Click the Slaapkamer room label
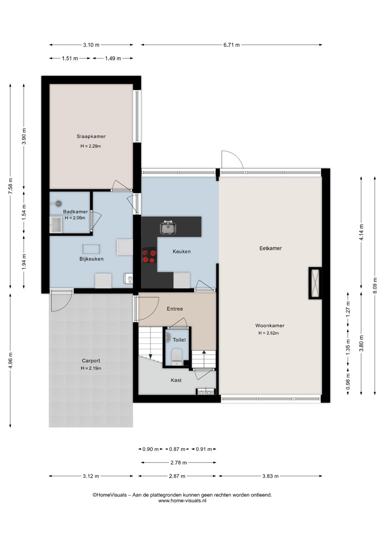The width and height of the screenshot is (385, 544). [x=91, y=137]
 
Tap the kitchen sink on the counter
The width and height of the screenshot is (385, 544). [x=168, y=228]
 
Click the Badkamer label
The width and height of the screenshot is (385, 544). [x=75, y=211]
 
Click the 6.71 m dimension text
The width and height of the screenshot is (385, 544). [x=231, y=45]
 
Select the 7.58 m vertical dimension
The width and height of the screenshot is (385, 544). [x=10, y=186]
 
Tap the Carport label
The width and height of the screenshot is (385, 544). [x=91, y=361]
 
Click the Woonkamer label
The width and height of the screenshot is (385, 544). [x=269, y=326]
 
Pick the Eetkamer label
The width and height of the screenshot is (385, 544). [x=271, y=248]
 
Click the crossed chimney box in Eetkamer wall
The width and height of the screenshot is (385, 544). [x=315, y=283]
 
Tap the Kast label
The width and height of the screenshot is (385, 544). [x=176, y=380]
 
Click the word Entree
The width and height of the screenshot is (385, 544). [x=175, y=309]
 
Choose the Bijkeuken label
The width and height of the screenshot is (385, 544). [x=91, y=259]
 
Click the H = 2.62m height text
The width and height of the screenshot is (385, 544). [x=268, y=333]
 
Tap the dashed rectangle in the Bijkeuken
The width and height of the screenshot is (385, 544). [x=91, y=249]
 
